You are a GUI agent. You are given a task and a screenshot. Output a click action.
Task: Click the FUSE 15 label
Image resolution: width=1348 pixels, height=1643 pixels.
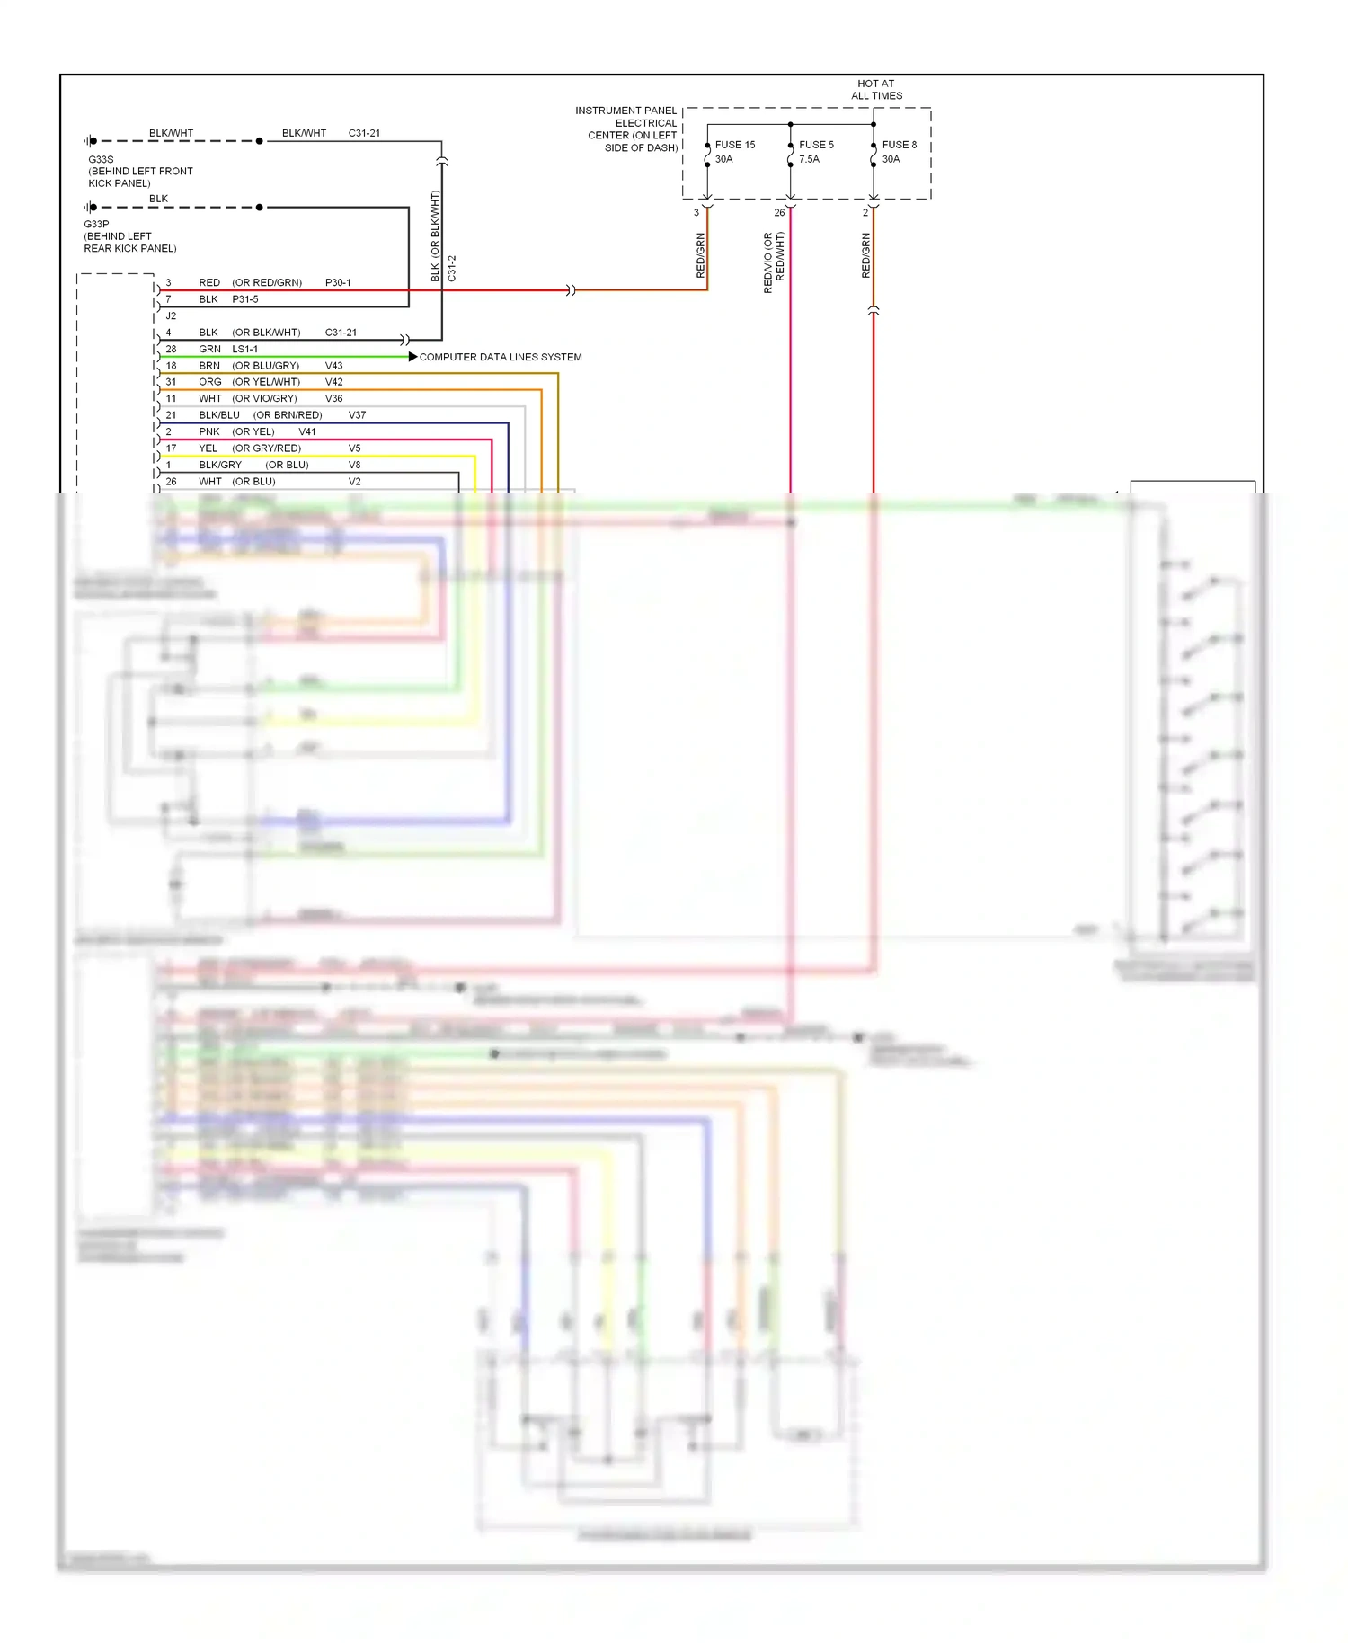pos(734,145)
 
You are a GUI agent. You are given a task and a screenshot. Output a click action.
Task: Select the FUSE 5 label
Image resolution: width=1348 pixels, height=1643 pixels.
pos(816,145)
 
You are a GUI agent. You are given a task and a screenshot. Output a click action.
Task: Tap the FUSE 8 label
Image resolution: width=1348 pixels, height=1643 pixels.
pos(899,145)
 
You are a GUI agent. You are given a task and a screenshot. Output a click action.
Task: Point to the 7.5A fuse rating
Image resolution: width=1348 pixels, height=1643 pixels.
pos(809,159)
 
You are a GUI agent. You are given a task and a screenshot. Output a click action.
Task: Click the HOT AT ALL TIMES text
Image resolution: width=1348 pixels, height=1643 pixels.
pos(876,90)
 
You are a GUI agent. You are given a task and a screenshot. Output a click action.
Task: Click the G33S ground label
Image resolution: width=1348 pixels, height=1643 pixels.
pos(101,159)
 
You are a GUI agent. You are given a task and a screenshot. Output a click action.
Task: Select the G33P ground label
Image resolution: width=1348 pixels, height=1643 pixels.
pos(96,224)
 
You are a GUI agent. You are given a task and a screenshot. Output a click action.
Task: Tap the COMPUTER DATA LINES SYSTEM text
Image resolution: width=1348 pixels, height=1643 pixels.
pos(501,357)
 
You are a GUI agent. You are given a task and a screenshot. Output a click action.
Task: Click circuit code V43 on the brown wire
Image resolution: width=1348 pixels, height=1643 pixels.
pos(333,366)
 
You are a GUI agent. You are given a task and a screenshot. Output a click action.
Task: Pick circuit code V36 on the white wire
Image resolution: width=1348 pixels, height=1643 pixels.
pos(333,398)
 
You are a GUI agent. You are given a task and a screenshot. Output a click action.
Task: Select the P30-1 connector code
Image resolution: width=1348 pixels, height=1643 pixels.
pos(338,282)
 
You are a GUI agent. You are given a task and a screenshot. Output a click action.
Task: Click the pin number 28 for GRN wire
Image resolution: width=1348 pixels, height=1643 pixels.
pos(171,349)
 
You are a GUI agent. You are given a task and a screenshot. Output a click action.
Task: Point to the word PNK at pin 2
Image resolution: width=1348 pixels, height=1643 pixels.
pos(209,431)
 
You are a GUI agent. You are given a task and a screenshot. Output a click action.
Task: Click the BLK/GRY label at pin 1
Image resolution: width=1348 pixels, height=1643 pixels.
pos(220,465)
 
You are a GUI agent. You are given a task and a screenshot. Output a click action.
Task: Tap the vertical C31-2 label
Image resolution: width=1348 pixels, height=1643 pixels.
pos(452,268)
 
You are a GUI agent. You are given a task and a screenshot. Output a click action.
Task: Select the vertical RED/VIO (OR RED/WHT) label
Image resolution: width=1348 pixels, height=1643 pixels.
pos(774,262)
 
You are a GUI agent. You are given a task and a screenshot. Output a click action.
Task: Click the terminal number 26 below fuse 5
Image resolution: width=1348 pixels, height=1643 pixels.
pos(779,213)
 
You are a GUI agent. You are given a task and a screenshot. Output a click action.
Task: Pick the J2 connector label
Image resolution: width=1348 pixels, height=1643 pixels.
pos(171,315)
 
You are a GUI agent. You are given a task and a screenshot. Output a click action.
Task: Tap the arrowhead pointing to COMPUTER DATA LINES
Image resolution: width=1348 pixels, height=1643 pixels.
pos(412,357)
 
